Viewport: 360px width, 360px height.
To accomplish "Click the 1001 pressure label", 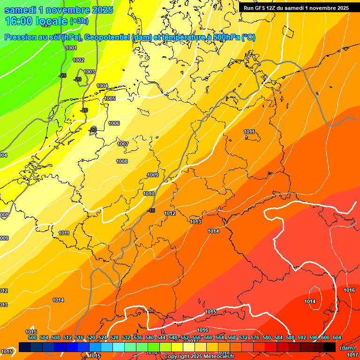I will tap(71, 48).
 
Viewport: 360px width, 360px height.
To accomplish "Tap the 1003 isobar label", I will tap(89, 72).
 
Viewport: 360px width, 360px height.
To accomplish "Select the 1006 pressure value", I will tap(114, 123).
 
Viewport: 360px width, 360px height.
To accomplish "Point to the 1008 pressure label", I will tap(122, 161).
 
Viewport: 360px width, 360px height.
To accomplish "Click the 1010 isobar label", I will tap(149, 194).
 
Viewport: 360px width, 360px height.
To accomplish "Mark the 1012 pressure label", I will tap(170, 213).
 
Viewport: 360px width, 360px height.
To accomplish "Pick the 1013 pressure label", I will tap(195, 222).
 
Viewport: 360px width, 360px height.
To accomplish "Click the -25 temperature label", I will tap(62, 75).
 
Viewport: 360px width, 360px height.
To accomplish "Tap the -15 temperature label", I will tap(151, 210).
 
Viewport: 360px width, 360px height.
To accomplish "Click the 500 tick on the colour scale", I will tap(32, 337).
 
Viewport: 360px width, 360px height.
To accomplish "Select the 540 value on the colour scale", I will tap(150, 337).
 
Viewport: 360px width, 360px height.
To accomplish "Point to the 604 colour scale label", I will tap(337, 337).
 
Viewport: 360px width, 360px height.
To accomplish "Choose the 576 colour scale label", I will tap(255, 337).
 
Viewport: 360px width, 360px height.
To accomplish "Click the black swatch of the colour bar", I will tap(330, 347).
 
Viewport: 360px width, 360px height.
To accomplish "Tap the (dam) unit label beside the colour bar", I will tap(347, 348).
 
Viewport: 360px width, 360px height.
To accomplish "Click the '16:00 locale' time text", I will tap(36, 21).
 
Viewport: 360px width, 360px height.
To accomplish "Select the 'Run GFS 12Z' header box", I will tap(296, 8).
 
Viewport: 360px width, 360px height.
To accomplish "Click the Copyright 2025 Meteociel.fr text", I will tap(200, 357).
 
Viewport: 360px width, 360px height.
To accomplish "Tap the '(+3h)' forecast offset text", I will tap(79, 22).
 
